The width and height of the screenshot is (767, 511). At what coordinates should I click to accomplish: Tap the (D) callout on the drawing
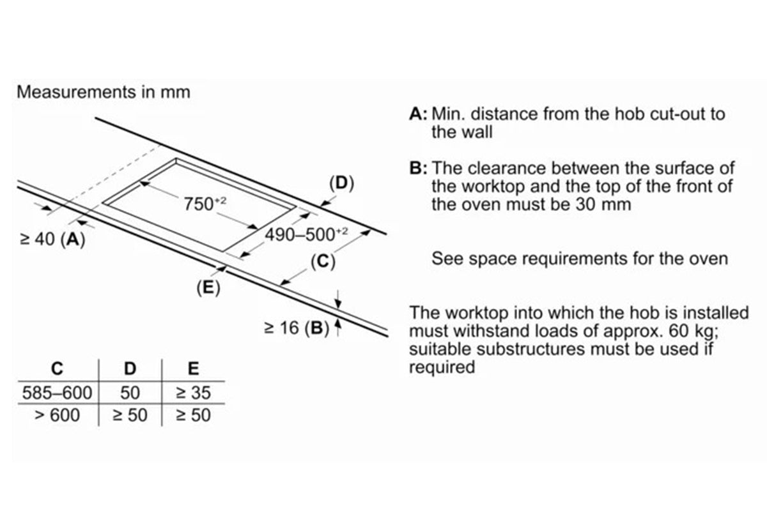click(x=341, y=183)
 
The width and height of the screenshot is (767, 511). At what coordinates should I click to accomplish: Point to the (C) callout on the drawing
click(x=323, y=261)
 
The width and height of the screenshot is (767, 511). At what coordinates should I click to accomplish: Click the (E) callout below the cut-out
click(x=208, y=289)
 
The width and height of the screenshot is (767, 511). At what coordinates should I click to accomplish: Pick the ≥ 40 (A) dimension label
click(x=52, y=240)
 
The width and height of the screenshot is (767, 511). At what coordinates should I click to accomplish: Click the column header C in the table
click(x=57, y=369)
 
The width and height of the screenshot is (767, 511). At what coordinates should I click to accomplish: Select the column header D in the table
click(x=130, y=369)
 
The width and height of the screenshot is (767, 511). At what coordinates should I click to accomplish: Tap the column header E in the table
click(x=193, y=369)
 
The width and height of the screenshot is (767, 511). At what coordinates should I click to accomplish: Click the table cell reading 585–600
click(x=57, y=392)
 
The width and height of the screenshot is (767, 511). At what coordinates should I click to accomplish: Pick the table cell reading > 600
click(x=57, y=415)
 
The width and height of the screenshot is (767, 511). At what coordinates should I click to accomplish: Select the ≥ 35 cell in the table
click(x=193, y=392)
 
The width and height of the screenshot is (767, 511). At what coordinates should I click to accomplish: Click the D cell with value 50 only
click(x=130, y=392)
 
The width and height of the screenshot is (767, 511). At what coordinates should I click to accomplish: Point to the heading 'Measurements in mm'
click(x=104, y=92)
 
